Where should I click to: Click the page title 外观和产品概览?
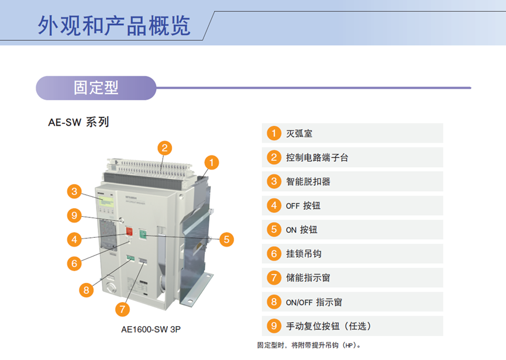(114, 26)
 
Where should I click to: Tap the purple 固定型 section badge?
(96, 88)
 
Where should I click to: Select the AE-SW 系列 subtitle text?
(78, 122)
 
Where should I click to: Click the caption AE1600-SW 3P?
(151, 330)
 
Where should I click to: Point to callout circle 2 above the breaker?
(164, 148)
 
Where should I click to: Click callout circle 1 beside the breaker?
(212, 162)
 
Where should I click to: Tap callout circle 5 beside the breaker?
(226, 240)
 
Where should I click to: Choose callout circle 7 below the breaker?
(122, 309)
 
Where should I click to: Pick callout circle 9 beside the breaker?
(74, 215)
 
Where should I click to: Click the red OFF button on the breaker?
(129, 231)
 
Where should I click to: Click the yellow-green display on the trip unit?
(106, 202)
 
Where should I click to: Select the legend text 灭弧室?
(299, 133)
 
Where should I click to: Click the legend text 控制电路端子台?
(317, 158)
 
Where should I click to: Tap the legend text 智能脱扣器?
(308, 181)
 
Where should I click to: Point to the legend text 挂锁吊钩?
(304, 254)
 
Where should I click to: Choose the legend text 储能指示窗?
(308, 278)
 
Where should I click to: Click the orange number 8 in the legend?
(274, 302)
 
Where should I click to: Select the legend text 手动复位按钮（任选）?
(329, 326)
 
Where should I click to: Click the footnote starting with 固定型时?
(309, 345)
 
